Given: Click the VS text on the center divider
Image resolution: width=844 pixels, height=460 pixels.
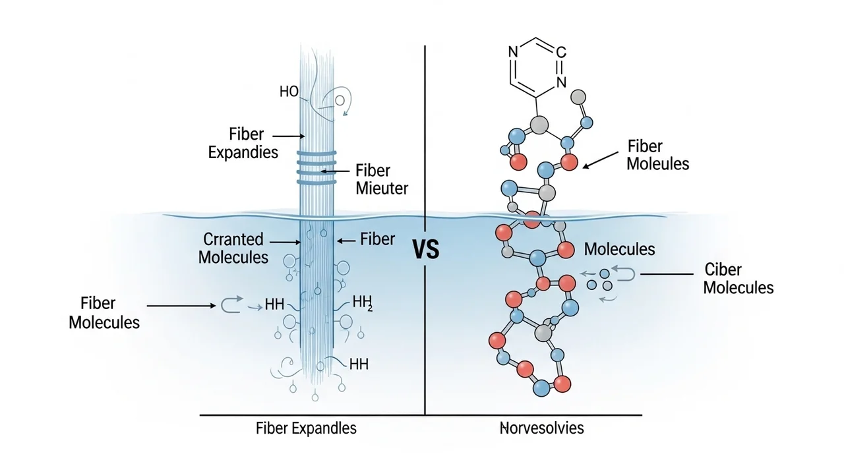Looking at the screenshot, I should point(425,249).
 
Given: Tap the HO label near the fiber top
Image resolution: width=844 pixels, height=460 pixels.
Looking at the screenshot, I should point(289,92).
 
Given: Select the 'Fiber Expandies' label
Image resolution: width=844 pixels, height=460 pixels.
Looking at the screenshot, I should point(243,143).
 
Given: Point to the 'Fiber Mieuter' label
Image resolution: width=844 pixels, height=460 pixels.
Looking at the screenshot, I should point(382,179).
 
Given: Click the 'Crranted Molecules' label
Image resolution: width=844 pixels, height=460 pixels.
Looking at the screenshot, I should point(233,248).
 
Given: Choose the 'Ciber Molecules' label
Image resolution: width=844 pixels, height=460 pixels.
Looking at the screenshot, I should point(738,278).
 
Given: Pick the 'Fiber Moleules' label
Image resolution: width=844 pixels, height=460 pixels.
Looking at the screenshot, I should point(657,154).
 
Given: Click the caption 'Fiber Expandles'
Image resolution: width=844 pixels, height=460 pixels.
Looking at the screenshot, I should point(306,428).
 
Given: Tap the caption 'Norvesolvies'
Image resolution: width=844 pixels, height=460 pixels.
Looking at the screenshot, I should point(542,428).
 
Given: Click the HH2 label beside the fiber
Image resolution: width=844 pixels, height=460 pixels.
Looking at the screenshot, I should point(363,302).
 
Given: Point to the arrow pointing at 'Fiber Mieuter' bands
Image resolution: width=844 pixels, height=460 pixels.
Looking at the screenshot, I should point(336,171).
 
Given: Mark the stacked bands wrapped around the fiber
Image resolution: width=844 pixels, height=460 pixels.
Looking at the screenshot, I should point(316,166).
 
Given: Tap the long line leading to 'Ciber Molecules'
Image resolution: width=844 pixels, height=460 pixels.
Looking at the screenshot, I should point(666,273).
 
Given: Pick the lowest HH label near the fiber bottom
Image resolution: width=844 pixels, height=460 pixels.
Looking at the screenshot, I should point(359,364).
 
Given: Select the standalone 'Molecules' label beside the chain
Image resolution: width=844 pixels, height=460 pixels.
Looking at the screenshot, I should point(619,249).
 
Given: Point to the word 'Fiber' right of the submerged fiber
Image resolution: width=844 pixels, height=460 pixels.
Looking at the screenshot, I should point(377,239).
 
